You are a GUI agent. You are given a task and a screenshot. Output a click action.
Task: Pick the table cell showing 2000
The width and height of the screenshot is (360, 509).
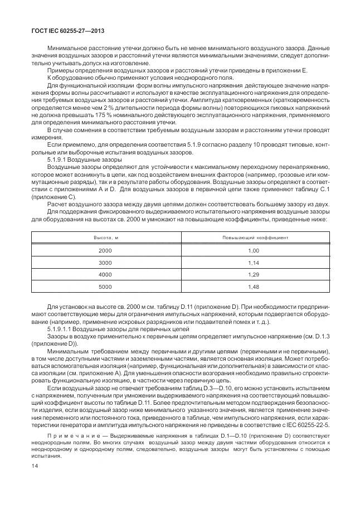105,251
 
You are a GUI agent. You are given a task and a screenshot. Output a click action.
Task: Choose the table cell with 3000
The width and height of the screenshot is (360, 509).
105,263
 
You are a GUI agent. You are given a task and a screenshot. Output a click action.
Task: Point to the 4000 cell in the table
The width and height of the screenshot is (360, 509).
105,275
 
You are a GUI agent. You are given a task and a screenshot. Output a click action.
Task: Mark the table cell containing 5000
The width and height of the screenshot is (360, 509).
105,287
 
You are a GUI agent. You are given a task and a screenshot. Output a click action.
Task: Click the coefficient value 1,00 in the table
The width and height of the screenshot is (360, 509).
254,251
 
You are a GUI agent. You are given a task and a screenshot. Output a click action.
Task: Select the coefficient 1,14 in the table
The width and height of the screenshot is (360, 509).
254,263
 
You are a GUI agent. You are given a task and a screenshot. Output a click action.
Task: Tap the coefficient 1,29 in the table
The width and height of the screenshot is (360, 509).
254,275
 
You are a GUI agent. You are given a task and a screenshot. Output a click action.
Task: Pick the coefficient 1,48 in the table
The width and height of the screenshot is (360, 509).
254,287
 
